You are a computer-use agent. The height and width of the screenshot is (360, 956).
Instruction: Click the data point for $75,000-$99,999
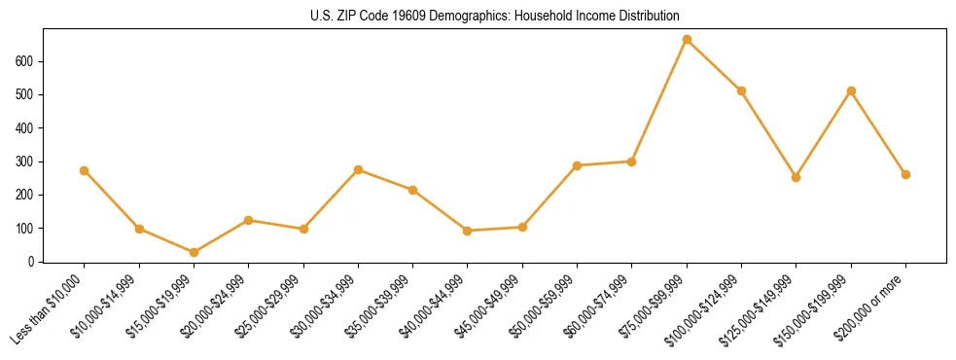point(687,40)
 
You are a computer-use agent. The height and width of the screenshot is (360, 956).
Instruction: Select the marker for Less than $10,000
point(85,170)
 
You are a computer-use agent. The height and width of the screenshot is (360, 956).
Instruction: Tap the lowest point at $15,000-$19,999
point(194,253)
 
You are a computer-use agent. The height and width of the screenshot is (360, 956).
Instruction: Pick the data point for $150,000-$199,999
point(851,91)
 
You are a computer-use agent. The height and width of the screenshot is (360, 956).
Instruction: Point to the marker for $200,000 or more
point(905,175)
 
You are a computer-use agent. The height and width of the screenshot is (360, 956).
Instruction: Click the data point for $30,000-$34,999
point(358,169)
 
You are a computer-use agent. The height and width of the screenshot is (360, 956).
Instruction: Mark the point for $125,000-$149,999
point(796,177)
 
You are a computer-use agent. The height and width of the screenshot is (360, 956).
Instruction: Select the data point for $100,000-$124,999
point(741,90)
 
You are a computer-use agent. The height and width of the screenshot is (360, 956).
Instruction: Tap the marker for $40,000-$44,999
point(468,231)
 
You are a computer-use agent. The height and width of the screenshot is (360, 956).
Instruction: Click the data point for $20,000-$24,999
point(249,220)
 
